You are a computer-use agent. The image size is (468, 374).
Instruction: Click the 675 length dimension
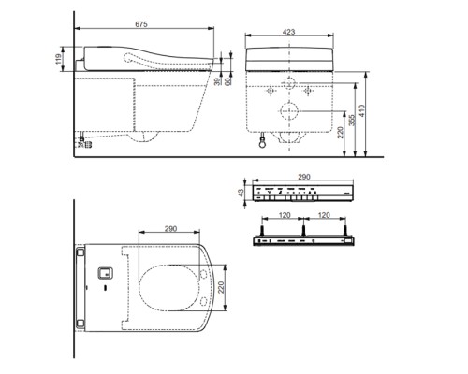[141, 24]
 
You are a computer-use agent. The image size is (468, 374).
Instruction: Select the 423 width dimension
[289, 32]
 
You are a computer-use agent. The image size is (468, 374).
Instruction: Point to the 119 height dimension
[58, 59]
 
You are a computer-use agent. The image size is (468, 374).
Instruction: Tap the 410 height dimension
[362, 110]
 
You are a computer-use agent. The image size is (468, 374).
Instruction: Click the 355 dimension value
[352, 121]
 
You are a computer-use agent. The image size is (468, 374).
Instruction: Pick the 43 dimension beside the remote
[241, 194]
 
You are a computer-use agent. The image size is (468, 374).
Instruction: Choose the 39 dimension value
[217, 81]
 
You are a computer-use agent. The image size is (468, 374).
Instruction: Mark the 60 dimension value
[228, 81]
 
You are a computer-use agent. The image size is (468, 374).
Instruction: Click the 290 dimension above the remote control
[304, 177]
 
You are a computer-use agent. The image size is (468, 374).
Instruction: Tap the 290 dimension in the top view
[170, 229]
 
